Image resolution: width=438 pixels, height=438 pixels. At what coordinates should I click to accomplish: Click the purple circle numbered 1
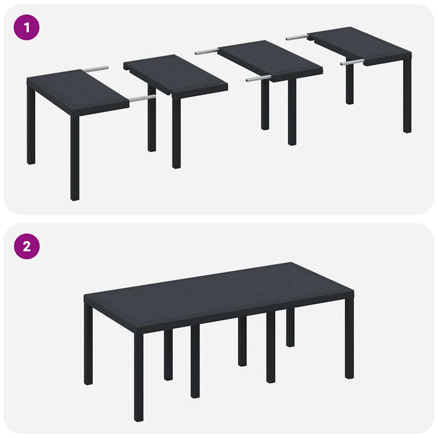click(x=27, y=27)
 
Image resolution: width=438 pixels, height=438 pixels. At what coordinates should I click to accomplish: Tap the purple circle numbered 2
click(x=27, y=246)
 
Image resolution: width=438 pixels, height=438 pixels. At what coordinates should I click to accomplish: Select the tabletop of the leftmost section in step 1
click(x=77, y=91)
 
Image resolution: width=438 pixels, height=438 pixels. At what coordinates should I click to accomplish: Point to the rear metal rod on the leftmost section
click(x=95, y=69)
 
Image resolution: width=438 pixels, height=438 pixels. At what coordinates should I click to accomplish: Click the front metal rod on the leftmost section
click(x=142, y=98)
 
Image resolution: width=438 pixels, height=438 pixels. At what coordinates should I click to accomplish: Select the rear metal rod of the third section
click(x=207, y=52)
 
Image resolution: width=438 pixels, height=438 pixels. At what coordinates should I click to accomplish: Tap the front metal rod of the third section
click(x=258, y=78)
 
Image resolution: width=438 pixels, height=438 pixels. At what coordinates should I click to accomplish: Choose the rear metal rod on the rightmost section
click(x=297, y=37)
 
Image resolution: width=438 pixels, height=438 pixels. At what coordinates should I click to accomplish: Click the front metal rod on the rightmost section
click(x=352, y=62)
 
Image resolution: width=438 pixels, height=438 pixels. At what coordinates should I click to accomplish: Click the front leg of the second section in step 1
click(x=176, y=133)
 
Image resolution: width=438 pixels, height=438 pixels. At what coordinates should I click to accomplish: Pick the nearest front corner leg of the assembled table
click(x=139, y=376)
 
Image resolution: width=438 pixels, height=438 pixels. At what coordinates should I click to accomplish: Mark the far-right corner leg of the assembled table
click(x=349, y=338)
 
